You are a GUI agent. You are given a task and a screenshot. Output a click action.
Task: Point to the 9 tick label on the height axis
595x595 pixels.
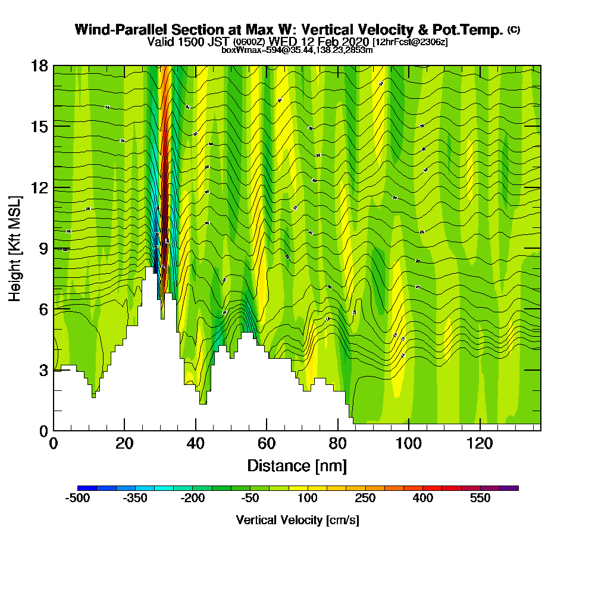[43, 248]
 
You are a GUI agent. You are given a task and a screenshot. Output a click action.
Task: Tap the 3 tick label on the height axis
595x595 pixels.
[43, 369]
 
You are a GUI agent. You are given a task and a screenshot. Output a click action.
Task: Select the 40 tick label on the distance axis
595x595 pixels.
[195, 444]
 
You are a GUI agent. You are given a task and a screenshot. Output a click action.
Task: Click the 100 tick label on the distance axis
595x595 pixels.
[409, 444]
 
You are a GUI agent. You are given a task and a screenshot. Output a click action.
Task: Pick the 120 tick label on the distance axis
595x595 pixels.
[480, 444]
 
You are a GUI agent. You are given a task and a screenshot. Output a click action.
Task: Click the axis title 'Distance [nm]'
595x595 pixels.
[297, 465]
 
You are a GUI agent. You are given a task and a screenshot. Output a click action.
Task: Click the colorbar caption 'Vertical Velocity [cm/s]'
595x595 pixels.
[297, 520]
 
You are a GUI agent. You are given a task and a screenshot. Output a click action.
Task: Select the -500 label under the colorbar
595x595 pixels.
[77, 499]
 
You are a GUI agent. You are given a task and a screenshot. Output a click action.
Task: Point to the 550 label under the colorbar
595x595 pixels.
[480, 499]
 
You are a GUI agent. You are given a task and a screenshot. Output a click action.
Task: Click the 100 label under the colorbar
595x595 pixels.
[308, 499]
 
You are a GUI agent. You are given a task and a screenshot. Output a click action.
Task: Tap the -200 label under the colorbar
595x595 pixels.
[192, 499]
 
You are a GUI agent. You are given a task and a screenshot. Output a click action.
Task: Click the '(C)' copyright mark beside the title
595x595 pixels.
[514, 29]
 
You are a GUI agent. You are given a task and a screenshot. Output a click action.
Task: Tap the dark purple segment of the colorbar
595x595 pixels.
[511, 488]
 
